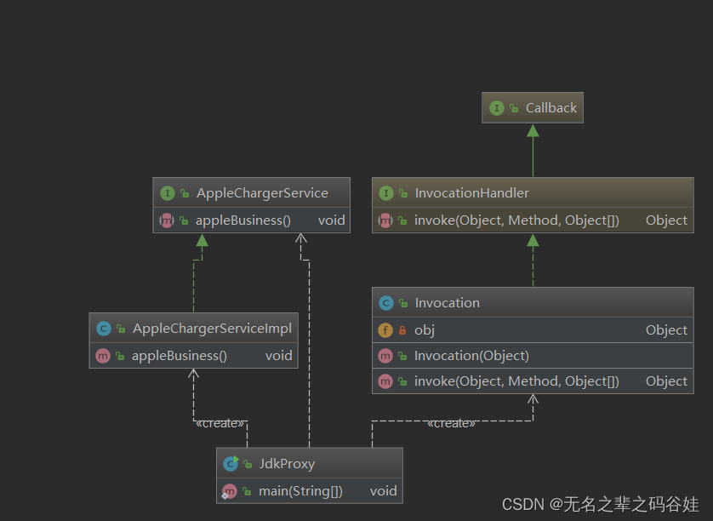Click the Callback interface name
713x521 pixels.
[550, 108]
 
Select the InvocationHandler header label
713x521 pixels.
[471, 193]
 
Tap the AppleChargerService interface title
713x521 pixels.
[262, 193]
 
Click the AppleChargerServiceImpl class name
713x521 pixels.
[212, 329]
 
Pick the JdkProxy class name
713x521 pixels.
[287, 464]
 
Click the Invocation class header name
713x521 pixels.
[447, 303]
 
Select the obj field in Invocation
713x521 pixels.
[425, 330]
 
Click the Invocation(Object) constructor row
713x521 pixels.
[471, 356]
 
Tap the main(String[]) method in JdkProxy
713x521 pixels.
[301, 491]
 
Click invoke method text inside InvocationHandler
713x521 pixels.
[516, 220]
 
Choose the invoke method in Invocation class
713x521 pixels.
[516, 381]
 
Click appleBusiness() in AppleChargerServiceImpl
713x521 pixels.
[180, 356]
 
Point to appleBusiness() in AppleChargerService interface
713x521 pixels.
[243, 220]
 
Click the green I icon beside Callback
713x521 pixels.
[496, 108]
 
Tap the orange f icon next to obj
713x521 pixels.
[385, 330]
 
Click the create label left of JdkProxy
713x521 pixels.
[220, 423]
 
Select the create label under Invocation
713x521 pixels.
[451, 423]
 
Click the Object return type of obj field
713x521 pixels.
[666, 330]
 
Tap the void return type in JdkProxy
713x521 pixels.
[383, 491]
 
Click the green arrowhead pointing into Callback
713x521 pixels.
[533, 130]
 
